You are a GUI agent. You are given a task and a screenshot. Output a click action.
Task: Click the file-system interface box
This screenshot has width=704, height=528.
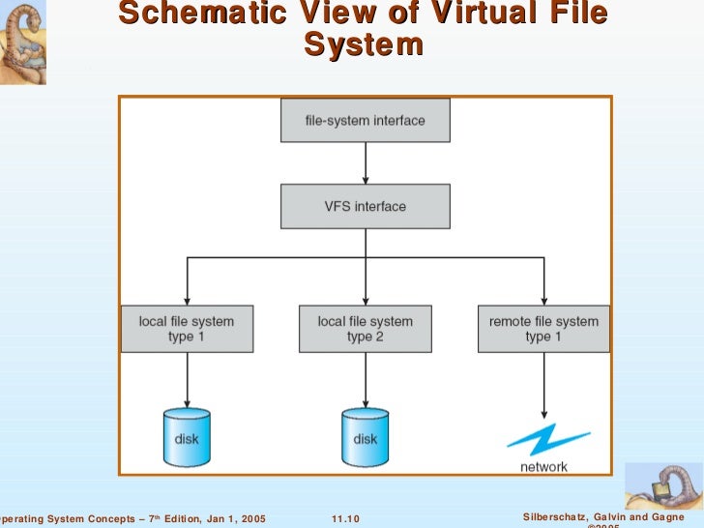[365, 121]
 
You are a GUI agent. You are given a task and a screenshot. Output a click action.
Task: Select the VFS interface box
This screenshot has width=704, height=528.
[365, 206]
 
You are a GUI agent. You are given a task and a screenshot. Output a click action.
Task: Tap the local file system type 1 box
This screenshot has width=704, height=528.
[187, 329]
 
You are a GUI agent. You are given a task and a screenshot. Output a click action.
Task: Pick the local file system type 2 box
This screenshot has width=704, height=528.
[365, 329]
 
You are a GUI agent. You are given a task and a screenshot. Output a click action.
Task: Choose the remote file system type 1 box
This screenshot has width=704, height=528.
[543, 329]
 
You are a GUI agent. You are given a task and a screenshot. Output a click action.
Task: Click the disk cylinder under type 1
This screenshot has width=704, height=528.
[187, 434]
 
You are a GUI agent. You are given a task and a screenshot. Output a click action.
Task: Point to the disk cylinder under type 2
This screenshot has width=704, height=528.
[365, 434]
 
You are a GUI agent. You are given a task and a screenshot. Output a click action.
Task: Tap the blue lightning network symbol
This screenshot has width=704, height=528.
[543, 440]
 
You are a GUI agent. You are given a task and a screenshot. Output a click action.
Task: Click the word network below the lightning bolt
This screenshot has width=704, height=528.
[543, 466]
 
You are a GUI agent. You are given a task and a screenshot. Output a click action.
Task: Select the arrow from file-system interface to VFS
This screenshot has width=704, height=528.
[365, 163]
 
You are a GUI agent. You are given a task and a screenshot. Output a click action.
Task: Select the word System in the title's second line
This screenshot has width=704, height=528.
[364, 45]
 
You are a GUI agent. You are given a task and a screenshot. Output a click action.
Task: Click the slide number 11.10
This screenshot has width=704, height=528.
[345, 519]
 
